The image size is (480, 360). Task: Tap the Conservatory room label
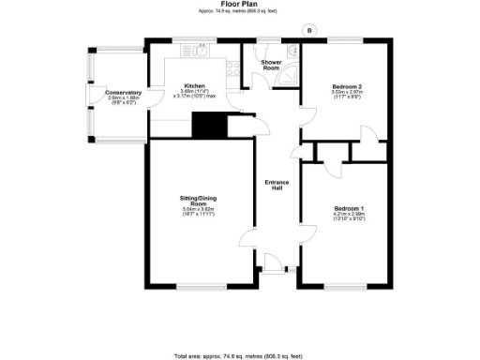tap(123, 92)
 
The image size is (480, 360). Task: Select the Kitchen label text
tap(194, 85)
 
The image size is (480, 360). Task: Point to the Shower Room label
tap(270, 66)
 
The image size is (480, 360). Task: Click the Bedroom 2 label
tap(346, 85)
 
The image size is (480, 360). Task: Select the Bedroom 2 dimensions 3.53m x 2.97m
tap(346, 92)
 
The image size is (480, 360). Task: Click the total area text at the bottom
tap(241, 355)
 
